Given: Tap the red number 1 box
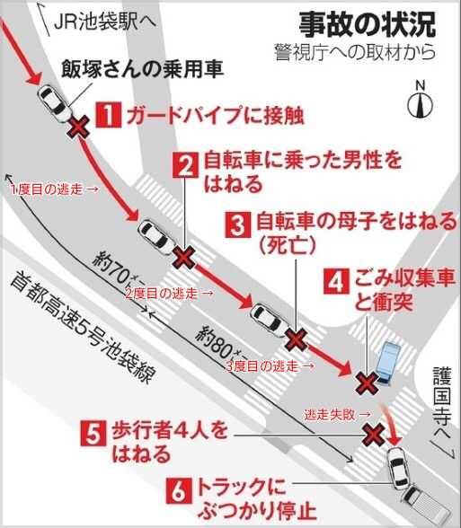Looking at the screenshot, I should pyautogui.click(x=108, y=115).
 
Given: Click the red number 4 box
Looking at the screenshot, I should pyautogui.click(x=335, y=280).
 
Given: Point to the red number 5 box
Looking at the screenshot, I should pyautogui.click(x=94, y=432).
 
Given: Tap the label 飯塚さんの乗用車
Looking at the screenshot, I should pyautogui.click(x=143, y=68).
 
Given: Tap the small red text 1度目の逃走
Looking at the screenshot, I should pyautogui.click(x=53, y=190).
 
